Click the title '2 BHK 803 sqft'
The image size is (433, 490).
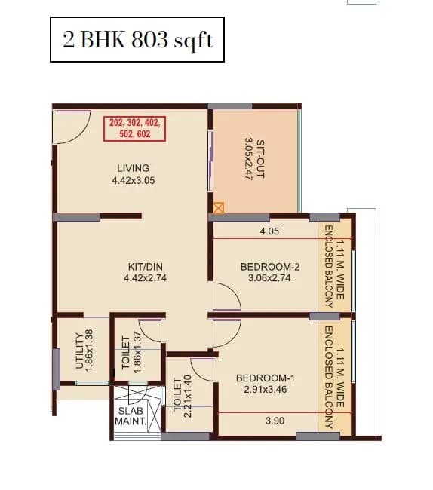tap(138, 40)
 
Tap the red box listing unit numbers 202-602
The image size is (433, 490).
tap(136, 127)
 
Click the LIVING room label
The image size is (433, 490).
tap(133, 167)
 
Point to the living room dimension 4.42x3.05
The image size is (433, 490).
tap(133, 180)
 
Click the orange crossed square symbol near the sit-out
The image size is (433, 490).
tap(219, 207)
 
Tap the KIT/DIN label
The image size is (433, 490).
tap(144, 266)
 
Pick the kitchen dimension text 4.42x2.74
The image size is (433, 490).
tap(144, 278)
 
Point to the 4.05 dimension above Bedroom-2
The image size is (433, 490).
tap(269, 231)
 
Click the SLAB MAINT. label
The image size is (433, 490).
tap(131, 416)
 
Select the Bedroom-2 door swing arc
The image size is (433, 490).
tap(227, 296)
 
